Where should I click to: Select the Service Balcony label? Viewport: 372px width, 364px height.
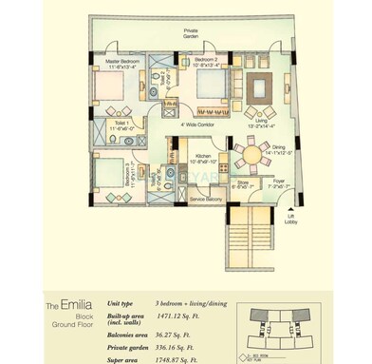206,199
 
